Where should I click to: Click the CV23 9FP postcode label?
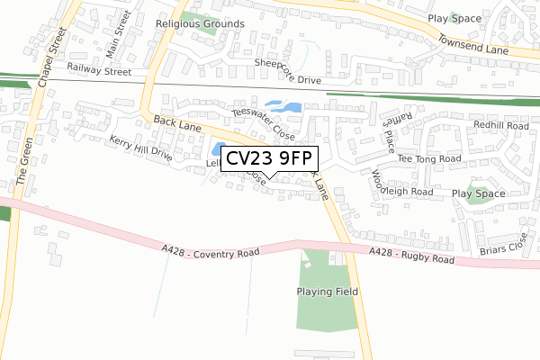(267, 159)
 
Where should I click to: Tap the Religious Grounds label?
(200, 23)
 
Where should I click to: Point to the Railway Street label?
(99, 68)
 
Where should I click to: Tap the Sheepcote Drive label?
(287, 72)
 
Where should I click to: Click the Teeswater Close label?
(263, 124)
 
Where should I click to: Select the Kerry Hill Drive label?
(140, 148)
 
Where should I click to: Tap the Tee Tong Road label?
(429, 158)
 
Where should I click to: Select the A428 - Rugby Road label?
(413, 256)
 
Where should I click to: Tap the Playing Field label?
(328, 292)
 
